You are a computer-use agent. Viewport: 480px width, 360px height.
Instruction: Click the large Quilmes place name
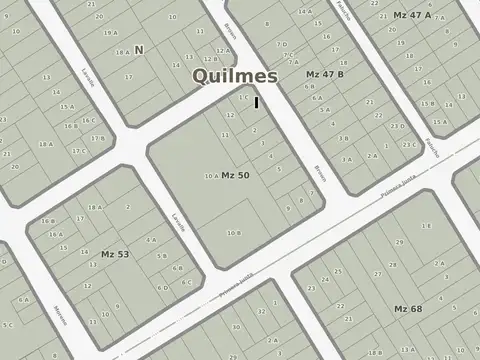point(236,77)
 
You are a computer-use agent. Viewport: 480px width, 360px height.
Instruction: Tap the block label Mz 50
point(235,176)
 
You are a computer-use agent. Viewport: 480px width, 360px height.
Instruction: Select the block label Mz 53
point(115,254)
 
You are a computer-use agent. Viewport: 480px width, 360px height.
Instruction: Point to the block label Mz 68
point(407,308)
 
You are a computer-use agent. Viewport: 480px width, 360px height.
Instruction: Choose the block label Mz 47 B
point(325,75)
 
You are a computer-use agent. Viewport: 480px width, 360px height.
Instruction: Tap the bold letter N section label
point(139,49)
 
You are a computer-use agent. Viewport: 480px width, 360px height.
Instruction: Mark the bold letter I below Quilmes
point(256,101)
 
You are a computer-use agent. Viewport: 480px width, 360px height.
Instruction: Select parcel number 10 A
point(210,177)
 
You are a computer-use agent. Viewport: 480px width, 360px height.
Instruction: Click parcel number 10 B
point(233,233)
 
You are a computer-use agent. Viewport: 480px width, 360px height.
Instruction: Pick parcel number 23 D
point(397,126)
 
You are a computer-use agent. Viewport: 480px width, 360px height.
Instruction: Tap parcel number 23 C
point(409,145)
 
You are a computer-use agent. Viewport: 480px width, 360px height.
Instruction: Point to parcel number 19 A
point(110,33)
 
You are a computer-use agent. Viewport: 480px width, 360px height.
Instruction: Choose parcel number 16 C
point(89,121)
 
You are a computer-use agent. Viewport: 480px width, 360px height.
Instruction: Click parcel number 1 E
point(244,97)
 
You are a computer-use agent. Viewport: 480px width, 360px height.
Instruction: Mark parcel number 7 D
point(283,45)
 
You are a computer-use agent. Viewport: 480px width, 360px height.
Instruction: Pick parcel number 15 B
point(70,126)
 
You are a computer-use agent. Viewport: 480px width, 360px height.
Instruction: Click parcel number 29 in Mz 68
point(398,243)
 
